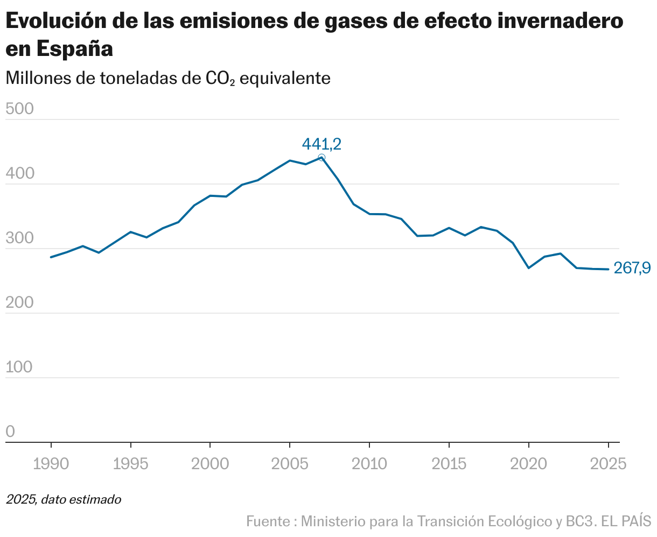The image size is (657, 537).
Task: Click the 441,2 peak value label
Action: coord(321,144)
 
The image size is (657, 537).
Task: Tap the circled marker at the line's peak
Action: coord(321,158)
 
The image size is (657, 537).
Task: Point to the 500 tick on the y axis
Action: coord(19,109)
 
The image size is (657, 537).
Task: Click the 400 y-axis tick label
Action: coord(19,174)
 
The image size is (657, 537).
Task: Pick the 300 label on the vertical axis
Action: coord(19,238)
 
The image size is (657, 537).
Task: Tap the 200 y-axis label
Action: coord(19,303)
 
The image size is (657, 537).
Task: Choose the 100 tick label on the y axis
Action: coord(19,368)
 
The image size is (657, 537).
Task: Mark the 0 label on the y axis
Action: coord(10,432)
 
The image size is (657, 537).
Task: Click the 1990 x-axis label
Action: coord(51,464)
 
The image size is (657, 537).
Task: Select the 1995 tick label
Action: coord(130,464)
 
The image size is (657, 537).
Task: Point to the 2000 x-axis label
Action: coord(210,464)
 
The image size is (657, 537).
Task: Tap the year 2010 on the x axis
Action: coord(369,464)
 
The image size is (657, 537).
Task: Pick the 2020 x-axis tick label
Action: coord(528,464)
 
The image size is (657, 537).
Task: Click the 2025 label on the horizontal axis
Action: coord(607,464)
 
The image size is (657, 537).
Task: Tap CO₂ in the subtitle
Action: coord(220,79)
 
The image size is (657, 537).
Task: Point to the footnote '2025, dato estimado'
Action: coord(64,500)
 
